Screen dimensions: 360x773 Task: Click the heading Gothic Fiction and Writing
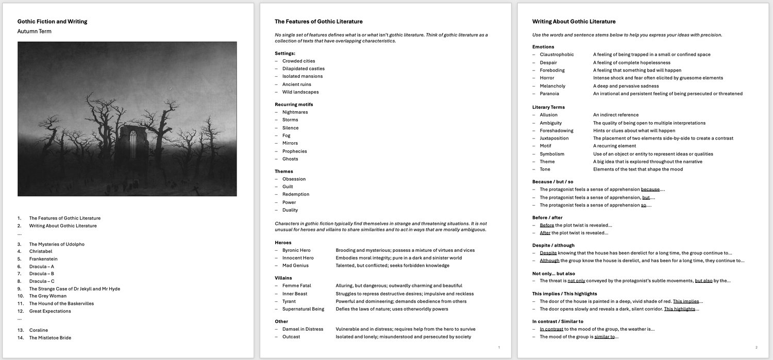tap(52, 22)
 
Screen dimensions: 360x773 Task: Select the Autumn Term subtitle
tap(35, 31)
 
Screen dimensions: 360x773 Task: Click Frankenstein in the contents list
tap(43, 259)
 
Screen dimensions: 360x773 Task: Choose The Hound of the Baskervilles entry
tap(61, 304)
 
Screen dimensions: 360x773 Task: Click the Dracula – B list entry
tap(42, 274)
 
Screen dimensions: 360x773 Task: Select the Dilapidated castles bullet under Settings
tap(303, 68)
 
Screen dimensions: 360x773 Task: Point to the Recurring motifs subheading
tap(294, 105)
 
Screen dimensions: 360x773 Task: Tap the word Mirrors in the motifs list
tap(290, 143)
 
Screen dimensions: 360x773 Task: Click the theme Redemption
tap(295, 194)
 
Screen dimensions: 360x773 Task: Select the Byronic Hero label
tap(296, 250)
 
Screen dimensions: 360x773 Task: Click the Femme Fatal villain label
tap(296, 286)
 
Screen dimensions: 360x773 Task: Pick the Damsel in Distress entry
tap(303, 329)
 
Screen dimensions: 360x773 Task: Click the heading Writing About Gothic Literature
tap(574, 22)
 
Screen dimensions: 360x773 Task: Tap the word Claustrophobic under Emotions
tap(557, 55)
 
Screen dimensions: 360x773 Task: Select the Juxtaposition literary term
tap(554, 138)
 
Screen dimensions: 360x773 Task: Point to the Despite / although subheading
tap(553, 246)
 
